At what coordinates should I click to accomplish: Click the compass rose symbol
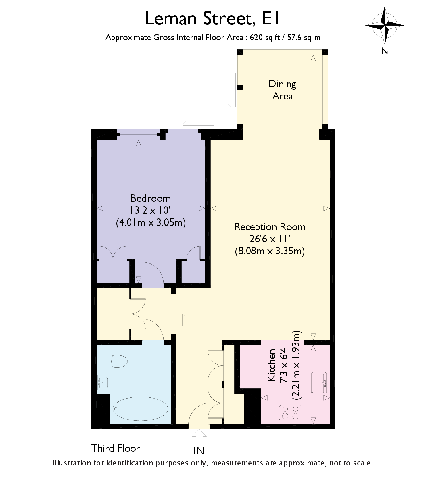click(385, 26)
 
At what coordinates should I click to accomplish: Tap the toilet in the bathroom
click(118, 361)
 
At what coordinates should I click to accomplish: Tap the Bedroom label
click(151, 198)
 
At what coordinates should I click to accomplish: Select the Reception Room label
click(270, 227)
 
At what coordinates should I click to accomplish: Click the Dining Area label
click(282, 90)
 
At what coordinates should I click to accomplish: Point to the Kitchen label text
click(272, 365)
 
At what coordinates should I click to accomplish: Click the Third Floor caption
click(116, 448)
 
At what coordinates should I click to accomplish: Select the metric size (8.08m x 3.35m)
click(270, 251)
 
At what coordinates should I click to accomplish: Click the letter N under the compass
click(385, 51)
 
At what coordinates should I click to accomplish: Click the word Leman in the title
click(171, 18)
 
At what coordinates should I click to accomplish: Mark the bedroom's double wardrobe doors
click(113, 253)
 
